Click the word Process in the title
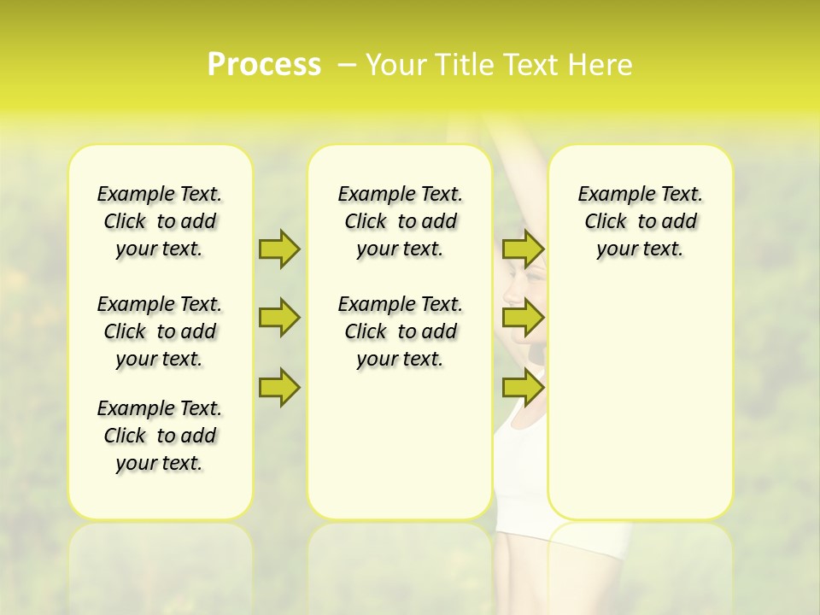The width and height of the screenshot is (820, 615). point(264,65)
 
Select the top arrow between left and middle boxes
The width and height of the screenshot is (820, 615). point(279,249)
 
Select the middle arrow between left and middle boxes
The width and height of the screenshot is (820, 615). point(279,318)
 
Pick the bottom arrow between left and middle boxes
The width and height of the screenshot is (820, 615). point(279,387)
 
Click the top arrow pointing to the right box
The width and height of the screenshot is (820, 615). point(523,249)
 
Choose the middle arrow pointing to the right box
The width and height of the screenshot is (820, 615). point(523,318)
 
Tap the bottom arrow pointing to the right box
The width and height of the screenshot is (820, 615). point(523,387)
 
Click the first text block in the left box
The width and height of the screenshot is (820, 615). point(160,221)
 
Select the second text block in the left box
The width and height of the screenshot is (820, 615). point(160,331)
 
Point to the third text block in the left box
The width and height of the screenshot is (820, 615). point(160,436)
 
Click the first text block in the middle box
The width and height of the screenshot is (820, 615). point(401,221)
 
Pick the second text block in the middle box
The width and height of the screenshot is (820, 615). point(401,331)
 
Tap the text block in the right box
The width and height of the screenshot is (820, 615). point(641,221)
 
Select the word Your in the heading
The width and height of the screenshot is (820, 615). point(390,65)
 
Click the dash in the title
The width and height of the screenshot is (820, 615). point(347,65)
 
